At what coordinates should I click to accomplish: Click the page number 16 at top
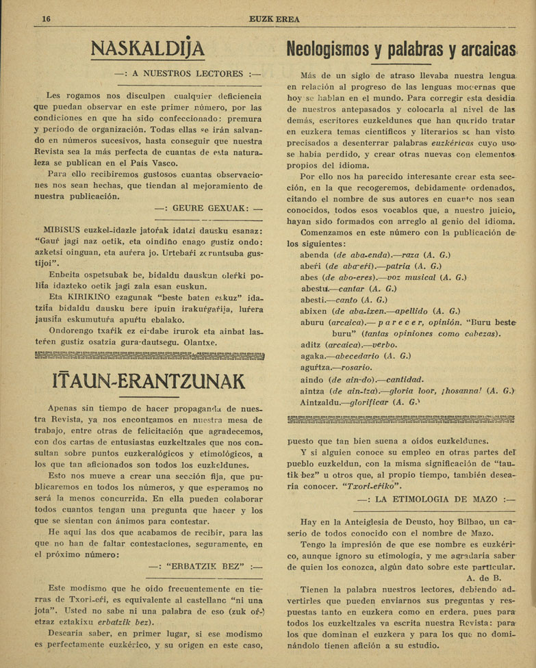(x=47, y=18)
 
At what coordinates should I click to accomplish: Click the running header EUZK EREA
(x=275, y=18)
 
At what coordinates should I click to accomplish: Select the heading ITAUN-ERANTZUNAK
(x=149, y=380)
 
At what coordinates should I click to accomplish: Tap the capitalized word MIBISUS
(x=64, y=229)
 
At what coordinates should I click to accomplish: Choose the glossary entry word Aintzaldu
(x=321, y=402)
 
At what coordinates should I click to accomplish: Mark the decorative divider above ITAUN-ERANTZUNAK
(x=149, y=355)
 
